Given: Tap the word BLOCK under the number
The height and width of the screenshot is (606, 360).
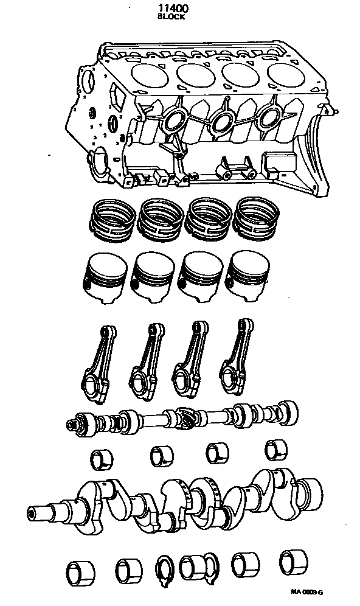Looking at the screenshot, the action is click(171, 16).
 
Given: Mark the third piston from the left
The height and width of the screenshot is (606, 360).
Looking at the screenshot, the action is click(201, 276).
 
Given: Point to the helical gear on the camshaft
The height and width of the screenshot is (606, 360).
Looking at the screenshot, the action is click(185, 417).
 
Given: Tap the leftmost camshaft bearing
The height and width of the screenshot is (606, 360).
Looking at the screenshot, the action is click(102, 459).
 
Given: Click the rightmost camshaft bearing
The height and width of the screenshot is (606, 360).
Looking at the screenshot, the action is click(276, 450).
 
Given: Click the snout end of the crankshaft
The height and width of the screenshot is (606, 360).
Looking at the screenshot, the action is click(38, 513).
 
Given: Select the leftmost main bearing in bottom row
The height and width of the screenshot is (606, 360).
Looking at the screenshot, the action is click(80, 573).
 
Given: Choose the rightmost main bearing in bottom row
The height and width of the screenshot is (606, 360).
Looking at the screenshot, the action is click(293, 561).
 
